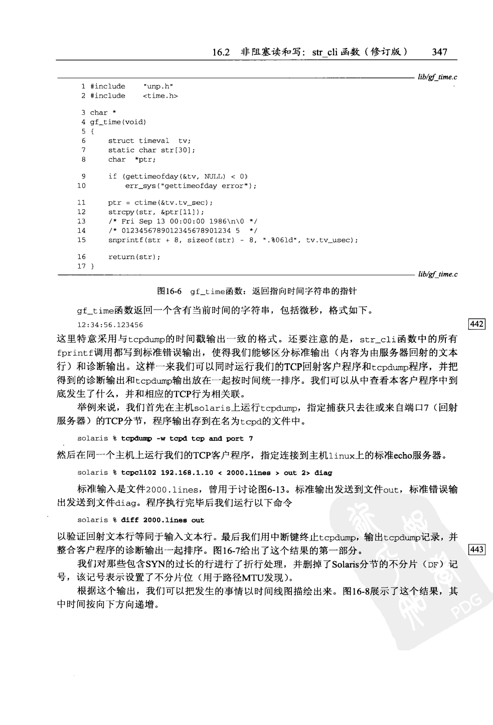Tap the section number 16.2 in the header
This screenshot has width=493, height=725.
[221, 52]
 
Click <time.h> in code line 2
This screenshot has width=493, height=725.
[160, 96]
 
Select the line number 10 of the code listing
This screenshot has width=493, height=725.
[81, 186]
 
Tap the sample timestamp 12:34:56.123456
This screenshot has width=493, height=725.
[110, 325]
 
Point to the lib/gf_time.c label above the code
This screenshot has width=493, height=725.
[436, 77]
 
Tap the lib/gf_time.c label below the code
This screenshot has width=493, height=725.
[436, 274]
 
